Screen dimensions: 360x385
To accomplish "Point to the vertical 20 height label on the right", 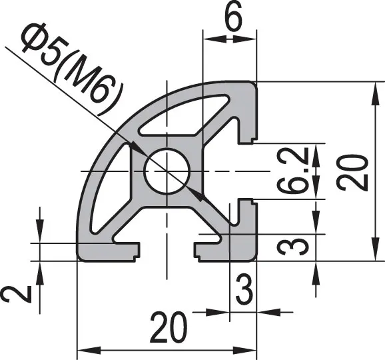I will pos(351,171).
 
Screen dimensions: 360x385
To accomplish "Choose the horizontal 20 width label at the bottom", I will pos(167,328).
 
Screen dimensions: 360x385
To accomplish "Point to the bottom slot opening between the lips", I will pos(169,250).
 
